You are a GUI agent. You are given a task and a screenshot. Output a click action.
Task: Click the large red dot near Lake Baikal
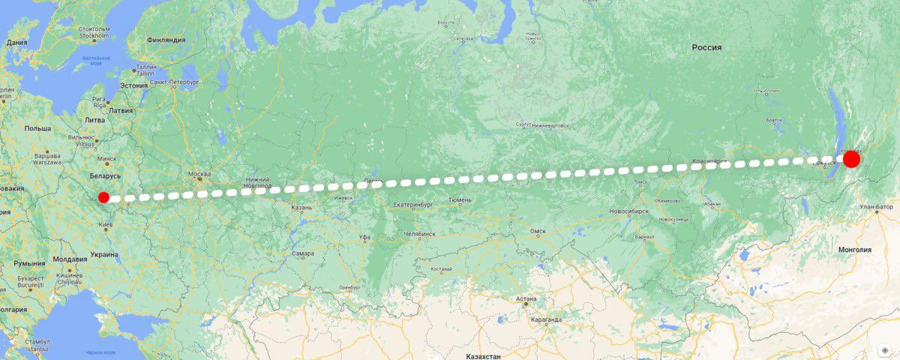pyautogui.click(x=851, y=159)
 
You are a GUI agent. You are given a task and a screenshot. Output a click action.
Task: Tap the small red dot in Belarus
pyautogui.click(x=103, y=197)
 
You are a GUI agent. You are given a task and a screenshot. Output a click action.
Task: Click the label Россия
pyautogui.click(x=706, y=47)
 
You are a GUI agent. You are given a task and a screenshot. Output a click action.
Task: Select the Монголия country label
pyautogui.click(x=854, y=250)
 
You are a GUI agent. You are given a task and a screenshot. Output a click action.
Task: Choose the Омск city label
pyautogui.click(x=537, y=232)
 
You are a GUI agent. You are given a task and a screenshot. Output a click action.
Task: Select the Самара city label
pyautogui.click(x=303, y=253)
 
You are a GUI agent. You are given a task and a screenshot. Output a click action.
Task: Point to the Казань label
pyautogui.click(x=301, y=207)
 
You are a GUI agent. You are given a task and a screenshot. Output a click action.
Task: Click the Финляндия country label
pyautogui.click(x=166, y=40)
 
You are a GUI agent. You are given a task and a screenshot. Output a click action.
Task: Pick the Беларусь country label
pyautogui.click(x=104, y=175)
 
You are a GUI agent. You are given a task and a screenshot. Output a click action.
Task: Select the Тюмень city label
pyautogui.click(x=460, y=199)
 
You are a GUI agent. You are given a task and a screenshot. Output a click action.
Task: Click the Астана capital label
pyautogui.click(x=526, y=298)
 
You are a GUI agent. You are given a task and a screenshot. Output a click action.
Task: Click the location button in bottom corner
pyautogui.click(x=885, y=350)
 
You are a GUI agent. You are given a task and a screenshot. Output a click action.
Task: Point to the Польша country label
pyautogui.click(x=37, y=128)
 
